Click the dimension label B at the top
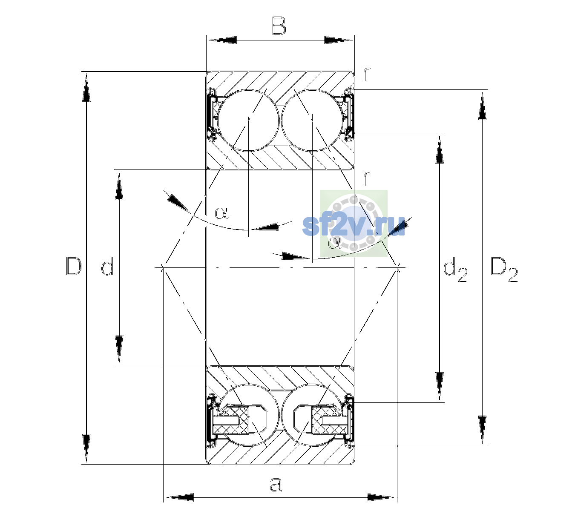point(279,26)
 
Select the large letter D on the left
point(74,266)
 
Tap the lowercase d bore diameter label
point(108,266)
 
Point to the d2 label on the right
point(455,269)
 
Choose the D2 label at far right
point(504,270)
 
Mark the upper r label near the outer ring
point(366,74)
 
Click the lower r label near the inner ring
point(366,178)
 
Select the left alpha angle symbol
point(221,213)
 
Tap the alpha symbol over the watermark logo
point(335,243)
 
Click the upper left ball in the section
point(248,121)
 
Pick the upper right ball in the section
point(312,121)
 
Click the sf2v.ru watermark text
point(354,226)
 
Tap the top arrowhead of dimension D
point(86,86)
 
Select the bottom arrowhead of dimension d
point(119,350)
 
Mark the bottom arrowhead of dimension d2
point(439,386)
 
